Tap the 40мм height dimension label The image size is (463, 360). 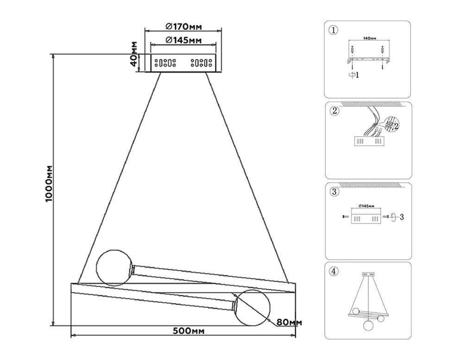click(134, 54)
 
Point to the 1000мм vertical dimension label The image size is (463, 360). click(49, 184)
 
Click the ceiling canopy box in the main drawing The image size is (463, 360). click(183, 63)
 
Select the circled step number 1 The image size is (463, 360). click(334, 31)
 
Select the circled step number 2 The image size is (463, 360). click(334, 111)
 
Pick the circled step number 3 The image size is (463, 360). click(334, 192)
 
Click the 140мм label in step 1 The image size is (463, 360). click(369, 40)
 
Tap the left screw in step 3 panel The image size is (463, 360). click(344, 217)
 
